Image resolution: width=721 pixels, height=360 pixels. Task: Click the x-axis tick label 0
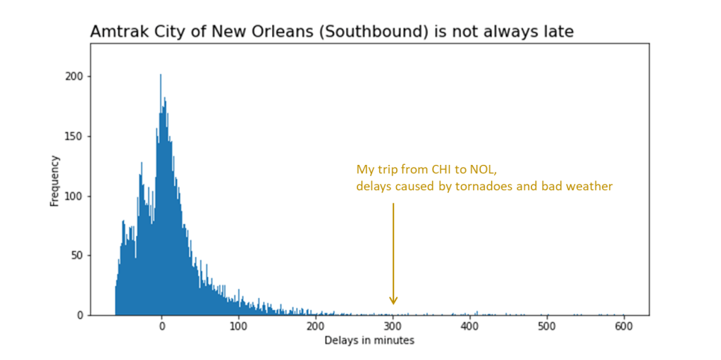point(161,326)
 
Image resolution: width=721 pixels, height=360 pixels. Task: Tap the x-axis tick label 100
point(239,326)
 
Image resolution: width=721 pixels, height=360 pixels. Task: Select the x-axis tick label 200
point(316,326)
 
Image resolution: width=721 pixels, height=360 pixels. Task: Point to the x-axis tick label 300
point(393,326)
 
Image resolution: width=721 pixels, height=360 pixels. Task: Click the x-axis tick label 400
point(469,326)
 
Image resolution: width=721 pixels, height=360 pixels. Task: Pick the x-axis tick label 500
point(547,326)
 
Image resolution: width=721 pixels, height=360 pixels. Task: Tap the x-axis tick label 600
point(624,326)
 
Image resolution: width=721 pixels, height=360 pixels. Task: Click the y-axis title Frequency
point(54,181)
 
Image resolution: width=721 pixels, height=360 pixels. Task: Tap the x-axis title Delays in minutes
point(369,341)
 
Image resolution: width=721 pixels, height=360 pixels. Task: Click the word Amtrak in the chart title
point(116,32)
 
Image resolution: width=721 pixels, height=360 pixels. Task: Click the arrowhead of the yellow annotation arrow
point(393,301)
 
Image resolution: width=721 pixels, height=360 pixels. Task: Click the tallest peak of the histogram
point(161,75)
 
